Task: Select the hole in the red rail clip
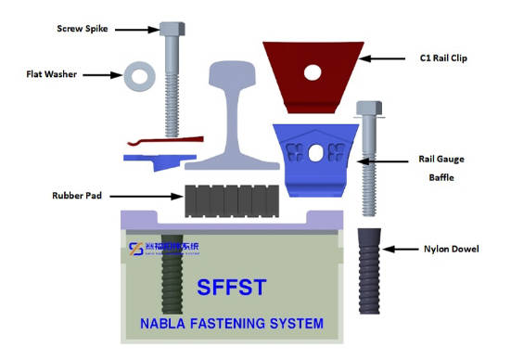click(x=313, y=71)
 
